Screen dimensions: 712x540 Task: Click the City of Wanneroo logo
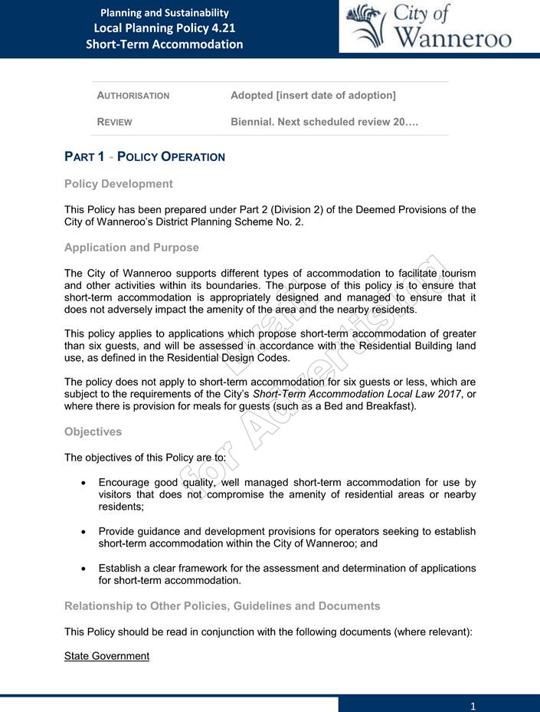[x=429, y=28]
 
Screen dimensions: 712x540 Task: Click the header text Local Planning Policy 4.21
[x=165, y=28]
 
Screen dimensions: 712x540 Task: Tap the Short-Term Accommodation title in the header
[x=165, y=44]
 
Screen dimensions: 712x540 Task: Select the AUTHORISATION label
[x=133, y=96]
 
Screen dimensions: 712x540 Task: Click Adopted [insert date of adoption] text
[x=313, y=95]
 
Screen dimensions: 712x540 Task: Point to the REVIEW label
[x=114, y=123]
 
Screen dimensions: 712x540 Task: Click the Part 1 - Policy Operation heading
[x=145, y=156]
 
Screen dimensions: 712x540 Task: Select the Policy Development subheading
[x=119, y=184]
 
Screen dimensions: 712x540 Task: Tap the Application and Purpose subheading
[x=132, y=248]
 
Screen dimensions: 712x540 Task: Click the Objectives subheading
[x=93, y=431]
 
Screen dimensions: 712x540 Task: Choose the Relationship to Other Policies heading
[x=222, y=606]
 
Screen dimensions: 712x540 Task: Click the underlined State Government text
[x=106, y=656]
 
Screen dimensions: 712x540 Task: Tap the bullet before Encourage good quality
[x=83, y=484]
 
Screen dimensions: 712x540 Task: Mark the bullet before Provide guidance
[x=83, y=532]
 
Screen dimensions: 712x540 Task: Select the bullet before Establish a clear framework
[x=83, y=569]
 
